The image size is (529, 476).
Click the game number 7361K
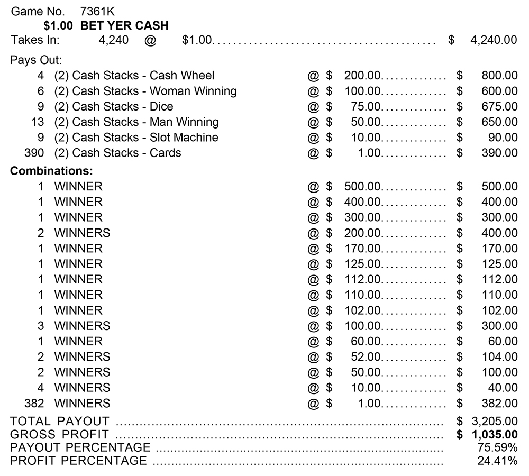(x=98, y=11)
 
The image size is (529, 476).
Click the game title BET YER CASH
(x=124, y=25)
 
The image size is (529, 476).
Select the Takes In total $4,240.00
(x=494, y=40)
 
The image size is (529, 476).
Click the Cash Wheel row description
(x=134, y=76)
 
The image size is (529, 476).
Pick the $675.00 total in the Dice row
(x=499, y=107)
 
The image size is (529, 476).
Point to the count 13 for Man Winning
(x=37, y=122)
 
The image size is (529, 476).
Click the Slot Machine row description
(x=136, y=138)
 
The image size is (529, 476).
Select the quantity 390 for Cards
(x=34, y=153)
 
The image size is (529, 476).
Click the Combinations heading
(x=51, y=171)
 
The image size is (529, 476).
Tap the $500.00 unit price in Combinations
(x=362, y=187)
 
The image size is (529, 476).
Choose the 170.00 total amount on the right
(x=499, y=248)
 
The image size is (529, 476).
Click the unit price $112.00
(x=362, y=279)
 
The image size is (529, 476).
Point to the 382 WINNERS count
(x=34, y=404)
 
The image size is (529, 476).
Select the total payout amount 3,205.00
(x=494, y=422)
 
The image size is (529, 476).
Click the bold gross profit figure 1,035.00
(x=494, y=435)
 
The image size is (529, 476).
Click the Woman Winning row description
(x=145, y=91)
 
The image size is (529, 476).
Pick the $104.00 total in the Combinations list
(x=499, y=357)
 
